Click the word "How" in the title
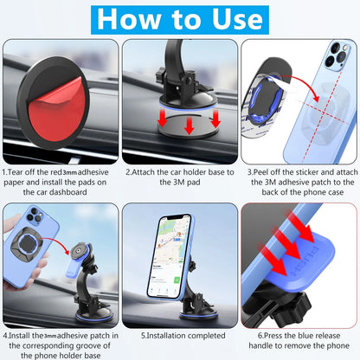[129, 19]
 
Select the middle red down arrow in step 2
[189, 125]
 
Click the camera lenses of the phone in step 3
[337, 55]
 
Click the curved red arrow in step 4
[59, 242]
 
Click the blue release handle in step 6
[301, 266]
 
